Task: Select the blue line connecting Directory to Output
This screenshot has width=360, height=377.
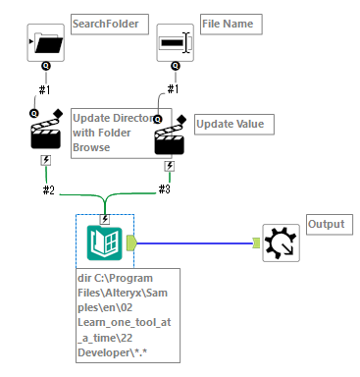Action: (196, 242)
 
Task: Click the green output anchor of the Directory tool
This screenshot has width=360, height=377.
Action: (132, 242)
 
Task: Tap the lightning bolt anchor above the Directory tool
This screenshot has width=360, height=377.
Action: (104, 219)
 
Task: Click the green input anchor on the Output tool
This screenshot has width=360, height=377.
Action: (257, 242)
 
